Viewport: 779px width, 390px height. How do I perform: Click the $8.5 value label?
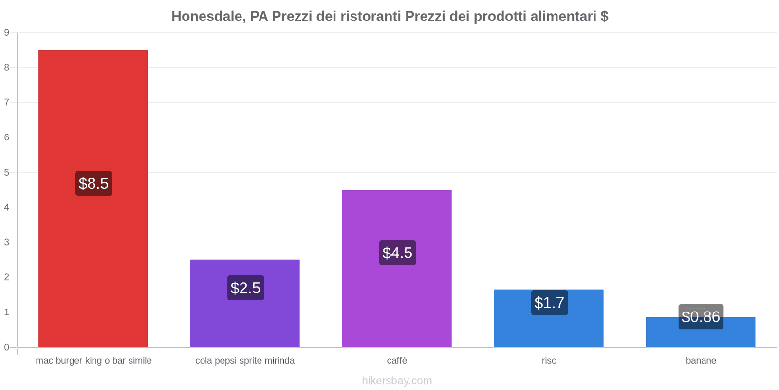point(93,183)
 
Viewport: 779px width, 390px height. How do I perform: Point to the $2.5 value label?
point(245,288)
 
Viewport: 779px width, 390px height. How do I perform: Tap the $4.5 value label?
point(397,253)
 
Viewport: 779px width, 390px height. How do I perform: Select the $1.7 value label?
point(549,302)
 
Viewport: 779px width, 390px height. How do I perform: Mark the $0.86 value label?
point(701,317)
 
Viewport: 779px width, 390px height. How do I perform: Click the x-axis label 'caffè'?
point(397,361)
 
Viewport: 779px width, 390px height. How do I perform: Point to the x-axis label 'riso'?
point(549,361)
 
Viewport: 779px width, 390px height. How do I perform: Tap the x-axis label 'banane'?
point(701,361)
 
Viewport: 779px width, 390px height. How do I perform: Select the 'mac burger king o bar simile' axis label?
point(93,361)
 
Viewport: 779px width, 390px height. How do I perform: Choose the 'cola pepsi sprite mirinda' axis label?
point(245,361)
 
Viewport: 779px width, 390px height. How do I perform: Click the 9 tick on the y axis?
point(7,33)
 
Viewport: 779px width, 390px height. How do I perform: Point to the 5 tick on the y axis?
point(7,173)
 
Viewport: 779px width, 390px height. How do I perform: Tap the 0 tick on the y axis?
point(7,347)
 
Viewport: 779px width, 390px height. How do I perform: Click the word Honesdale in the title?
point(208,17)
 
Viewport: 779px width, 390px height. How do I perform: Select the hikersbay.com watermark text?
point(397,381)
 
